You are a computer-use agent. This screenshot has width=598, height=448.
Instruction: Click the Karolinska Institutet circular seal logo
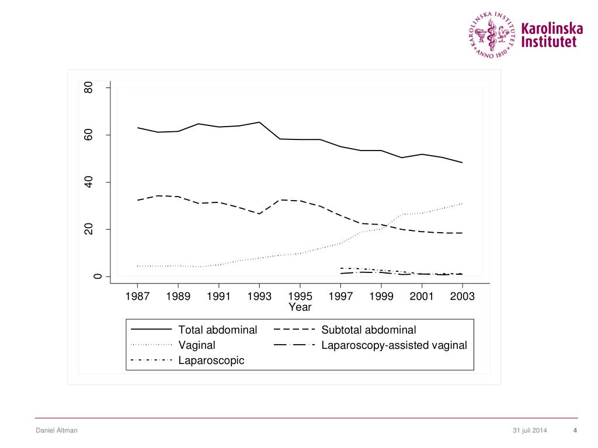[492, 34]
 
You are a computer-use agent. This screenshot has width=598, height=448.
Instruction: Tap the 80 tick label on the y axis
[89, 88]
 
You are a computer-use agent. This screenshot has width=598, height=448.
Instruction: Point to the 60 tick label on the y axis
[89, 135]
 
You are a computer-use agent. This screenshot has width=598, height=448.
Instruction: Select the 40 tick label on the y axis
[89, 183]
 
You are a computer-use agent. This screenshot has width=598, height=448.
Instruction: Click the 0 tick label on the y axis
[89, 276]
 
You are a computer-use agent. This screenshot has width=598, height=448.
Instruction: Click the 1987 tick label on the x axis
[137, 296]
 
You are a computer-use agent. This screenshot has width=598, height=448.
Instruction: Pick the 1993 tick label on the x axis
[259, 296]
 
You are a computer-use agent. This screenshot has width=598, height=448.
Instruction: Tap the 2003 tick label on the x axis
[463, 296]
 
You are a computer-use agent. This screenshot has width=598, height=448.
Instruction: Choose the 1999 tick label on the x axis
[381, 296]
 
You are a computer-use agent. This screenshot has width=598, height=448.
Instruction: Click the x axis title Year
[300, 307]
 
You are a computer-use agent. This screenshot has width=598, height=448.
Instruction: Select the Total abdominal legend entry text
[217, 330]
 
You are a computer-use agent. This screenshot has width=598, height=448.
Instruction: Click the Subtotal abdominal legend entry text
[368, 330]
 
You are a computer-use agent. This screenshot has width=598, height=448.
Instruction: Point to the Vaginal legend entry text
[197, 345]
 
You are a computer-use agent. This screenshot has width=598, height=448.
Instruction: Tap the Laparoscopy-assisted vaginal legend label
[394, 345]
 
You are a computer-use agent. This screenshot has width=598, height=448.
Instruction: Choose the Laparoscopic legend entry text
[211, 360]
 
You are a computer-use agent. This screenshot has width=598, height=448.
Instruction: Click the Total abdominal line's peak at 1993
[259, 123]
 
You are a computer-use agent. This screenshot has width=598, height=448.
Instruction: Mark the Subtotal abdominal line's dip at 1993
[259, 213]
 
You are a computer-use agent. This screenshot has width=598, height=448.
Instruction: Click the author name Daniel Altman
[57, 430]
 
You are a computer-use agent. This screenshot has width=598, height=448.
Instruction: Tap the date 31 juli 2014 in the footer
[530, 430]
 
